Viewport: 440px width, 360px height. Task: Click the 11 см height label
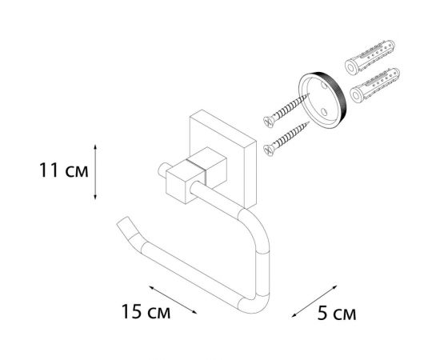pyautogui.click(x=54, y=171)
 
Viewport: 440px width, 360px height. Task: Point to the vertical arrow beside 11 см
pyautogui.click(x=96, y=171)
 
